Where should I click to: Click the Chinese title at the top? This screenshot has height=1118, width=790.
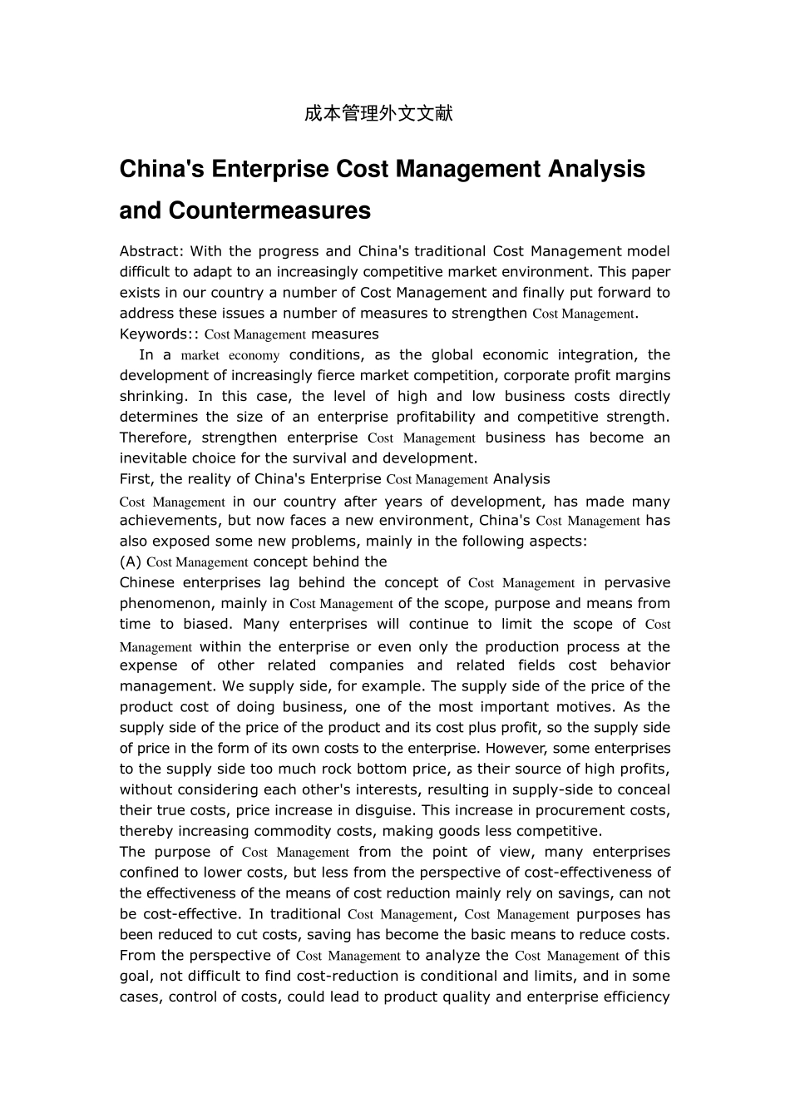tap(378, 114)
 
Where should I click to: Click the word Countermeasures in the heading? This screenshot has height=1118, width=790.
tap(269, 211)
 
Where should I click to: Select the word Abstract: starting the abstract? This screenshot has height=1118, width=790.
tap(150, 251)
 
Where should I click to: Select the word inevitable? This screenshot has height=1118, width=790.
tap(154, 458)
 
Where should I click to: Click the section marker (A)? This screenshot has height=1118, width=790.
tap(131, 561)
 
